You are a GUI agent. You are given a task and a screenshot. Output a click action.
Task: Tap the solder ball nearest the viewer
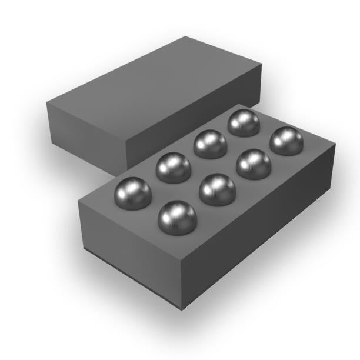coord(177,218)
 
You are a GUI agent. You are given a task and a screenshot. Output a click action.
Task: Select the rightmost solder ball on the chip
coord(286,142)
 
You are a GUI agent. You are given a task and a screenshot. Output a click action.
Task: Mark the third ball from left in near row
coord(254,164)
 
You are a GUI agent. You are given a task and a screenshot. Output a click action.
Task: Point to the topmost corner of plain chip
coord(186,36)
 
